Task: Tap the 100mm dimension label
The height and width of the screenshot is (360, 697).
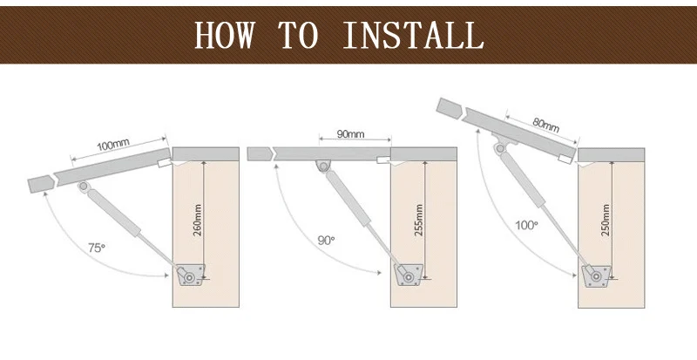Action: (x=113, y=145)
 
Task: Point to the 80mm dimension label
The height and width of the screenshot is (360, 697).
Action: (x=545, y=122)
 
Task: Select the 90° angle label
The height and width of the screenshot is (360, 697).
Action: (x=325, y=239)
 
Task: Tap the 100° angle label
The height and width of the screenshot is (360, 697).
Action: (x=525, y=225)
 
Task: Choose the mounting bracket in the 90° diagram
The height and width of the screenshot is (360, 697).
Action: (x=407, y=275)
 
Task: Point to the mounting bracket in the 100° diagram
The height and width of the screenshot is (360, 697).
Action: (x=594, y=276)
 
